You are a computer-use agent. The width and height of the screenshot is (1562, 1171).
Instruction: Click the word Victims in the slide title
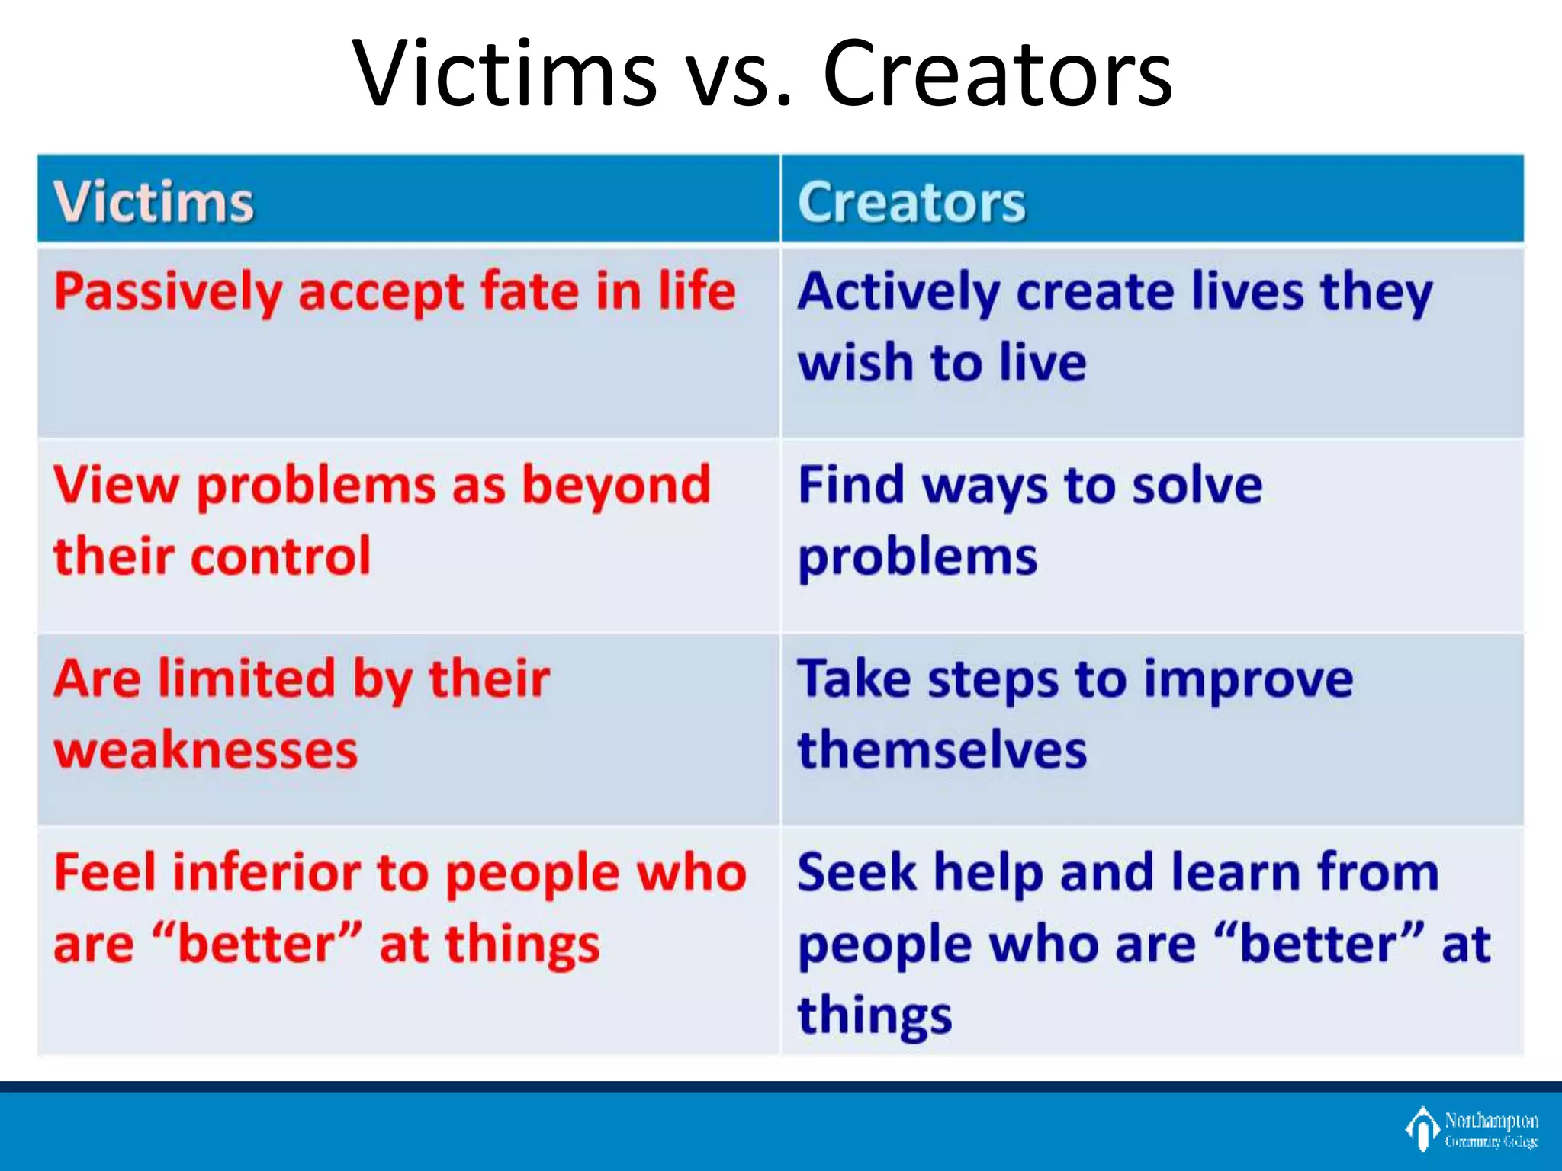[x=504, y=75]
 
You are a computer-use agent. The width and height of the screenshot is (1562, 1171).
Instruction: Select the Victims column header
[x=153, y=203]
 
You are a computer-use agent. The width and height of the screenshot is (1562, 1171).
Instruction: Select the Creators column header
[x=911, y=203]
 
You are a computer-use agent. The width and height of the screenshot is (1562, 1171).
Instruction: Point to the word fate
[x=530, y=291]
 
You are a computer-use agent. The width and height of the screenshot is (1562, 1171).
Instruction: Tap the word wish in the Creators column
[x=855, y=362]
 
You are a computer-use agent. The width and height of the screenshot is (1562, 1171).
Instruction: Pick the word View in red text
[x=115, y=485]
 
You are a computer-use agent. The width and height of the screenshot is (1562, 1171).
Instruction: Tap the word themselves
[x=942, y=750]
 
